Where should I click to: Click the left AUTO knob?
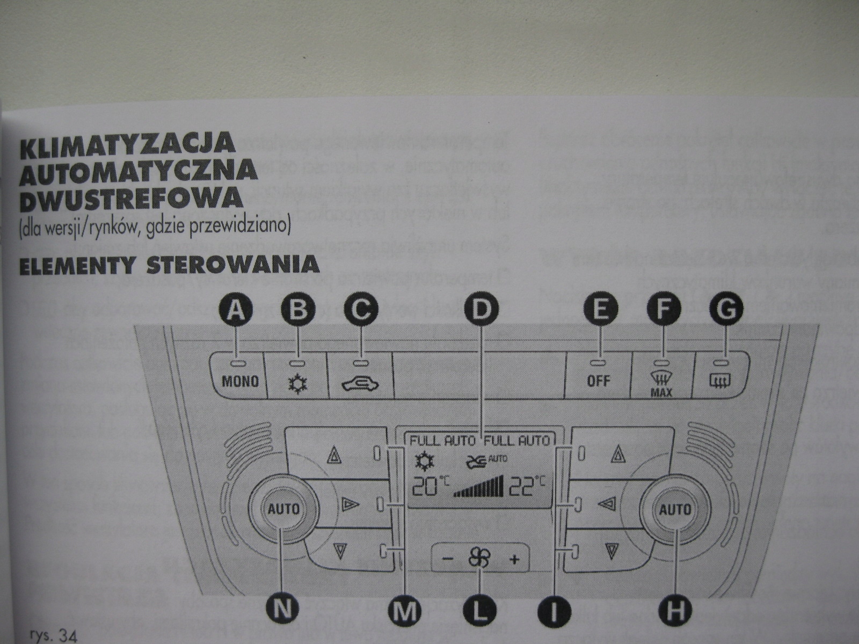pyautogui.click(x=283, y=508)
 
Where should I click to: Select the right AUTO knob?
pyautogui.click(x=675, y=509)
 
